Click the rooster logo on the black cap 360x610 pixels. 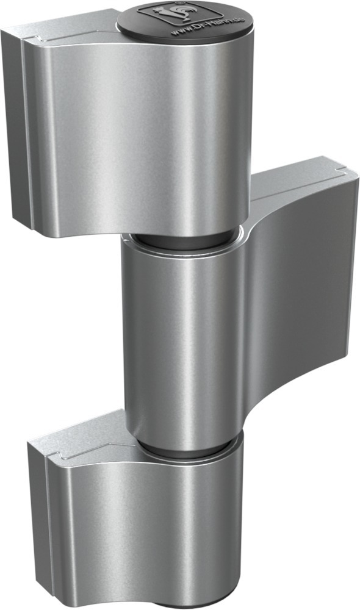(159, 13)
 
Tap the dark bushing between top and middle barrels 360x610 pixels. (183, 239)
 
